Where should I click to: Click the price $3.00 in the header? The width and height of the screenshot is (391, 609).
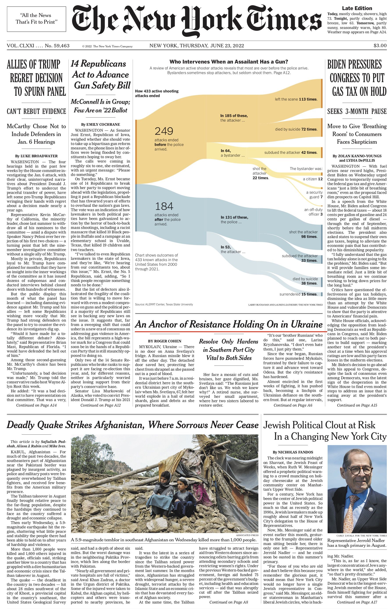(x=380, y=46)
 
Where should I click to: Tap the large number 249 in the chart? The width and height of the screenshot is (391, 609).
(x=164, y=131)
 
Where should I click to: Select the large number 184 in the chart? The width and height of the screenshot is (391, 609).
(x=164, y=206)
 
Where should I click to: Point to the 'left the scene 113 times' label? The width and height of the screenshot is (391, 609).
(x=296, y=99)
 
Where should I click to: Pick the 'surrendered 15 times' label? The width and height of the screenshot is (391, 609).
(x=298, y=294)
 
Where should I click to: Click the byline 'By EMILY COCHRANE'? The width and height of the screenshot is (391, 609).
(x=100, y=125)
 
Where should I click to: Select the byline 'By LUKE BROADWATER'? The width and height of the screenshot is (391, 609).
(x=36, y=156)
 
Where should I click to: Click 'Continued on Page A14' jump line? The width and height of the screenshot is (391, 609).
(x=36, y=405)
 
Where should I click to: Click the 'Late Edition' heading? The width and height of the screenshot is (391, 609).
(x=357, y=8)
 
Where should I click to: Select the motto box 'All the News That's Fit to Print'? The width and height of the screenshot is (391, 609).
(x=37, y=19)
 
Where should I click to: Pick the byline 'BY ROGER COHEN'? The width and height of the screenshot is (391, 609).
(x=164, y=341)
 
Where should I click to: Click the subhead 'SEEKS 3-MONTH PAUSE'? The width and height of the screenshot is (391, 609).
(x=357, y=111)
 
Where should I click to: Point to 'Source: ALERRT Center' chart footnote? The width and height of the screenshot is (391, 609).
(x=164, y=304)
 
